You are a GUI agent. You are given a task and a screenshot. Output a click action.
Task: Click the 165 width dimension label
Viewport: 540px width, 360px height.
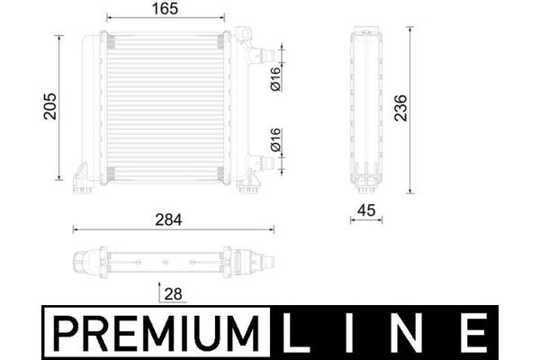pyautogui.click(x=165, y=9)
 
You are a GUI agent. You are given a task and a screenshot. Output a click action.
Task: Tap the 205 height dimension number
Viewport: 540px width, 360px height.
pyautogui.click(x=50, y=106)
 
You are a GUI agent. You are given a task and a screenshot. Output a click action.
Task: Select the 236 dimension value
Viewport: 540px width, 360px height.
pyautogui.click(x=400, y=108)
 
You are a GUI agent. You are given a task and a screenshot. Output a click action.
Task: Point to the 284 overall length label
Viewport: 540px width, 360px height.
pyautogui.click(x=168, y=220)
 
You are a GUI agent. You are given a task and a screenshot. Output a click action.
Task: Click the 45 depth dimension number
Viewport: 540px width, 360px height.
pyautogui.click(x=366, y=211)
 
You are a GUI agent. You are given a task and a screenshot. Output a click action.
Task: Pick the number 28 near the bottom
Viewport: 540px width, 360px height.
pyautogui.click(x=173, y=294)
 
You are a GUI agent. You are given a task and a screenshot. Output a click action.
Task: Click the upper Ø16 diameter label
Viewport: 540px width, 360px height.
pyautogui.click(x=276, y=79)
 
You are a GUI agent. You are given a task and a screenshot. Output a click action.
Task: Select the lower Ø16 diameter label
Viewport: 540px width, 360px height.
pyautogui.click(x=276, y=139)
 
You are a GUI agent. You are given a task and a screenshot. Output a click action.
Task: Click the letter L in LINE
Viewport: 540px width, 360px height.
pyautogui.click(x=295, y=333)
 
